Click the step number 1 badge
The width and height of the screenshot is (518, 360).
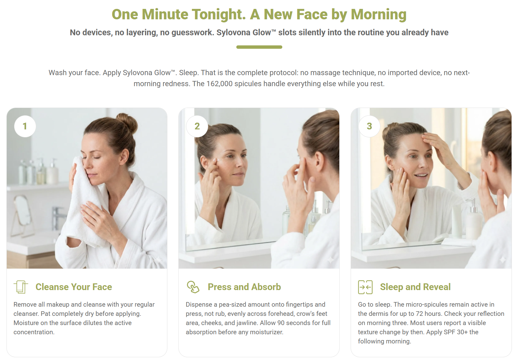pos(25,126)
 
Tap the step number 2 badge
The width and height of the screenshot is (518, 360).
pos(197,126)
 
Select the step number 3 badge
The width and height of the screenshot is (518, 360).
pos(369,126)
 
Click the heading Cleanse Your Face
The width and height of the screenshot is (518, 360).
pos(74,287)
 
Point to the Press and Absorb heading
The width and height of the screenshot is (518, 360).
pos(244,287)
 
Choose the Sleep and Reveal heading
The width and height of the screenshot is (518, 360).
pos(415,287)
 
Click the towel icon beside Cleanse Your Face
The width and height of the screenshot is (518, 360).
pos(21,287)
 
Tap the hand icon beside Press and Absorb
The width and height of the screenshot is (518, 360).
pos(193,287)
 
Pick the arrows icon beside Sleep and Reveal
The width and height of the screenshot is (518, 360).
pos(365,287)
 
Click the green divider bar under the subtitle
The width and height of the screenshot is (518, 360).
pos(259,47)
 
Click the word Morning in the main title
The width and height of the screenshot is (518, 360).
pos(379,14)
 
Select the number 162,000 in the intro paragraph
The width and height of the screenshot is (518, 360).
pos(219,83)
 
